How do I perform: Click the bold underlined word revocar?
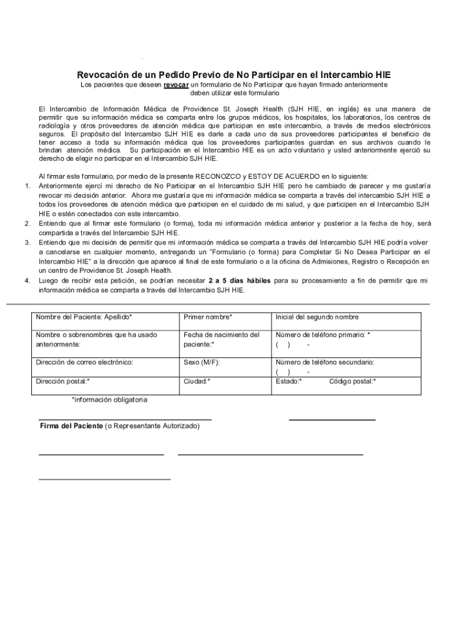tap(176, 85)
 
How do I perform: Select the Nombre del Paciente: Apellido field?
tap(104, 321)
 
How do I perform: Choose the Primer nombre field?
tap(224, 321)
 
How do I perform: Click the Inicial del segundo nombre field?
tap(346, 321)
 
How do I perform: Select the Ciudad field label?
tap(197, 381)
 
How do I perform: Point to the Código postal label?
tap(353, 381)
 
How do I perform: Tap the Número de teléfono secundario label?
tap(325, 362)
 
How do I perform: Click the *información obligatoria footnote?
tap(109, 400)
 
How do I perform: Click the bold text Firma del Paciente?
tap(71, 426)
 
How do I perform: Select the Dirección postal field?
tap(104, 383)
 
